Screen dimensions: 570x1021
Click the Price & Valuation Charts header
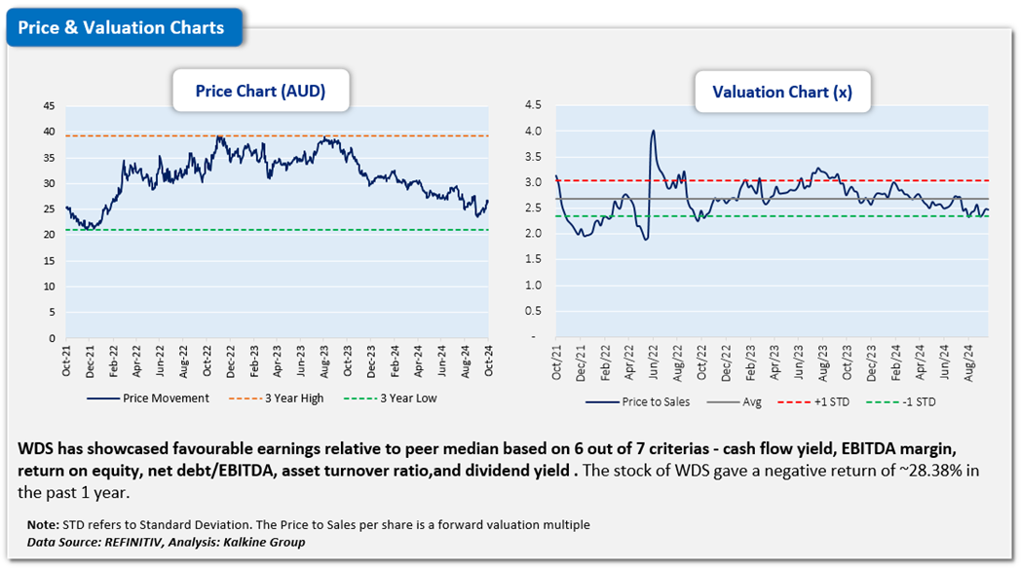122,27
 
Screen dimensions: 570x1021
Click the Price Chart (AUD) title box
260,92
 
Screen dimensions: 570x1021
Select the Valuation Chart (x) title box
781,92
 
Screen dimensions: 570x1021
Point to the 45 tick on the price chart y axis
49,105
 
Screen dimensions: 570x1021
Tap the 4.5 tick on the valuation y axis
533,105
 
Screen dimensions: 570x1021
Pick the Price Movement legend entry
166,398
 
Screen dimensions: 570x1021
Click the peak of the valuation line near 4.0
653,131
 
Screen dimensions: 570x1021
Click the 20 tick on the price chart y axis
49,235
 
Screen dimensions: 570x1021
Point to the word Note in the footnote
43,525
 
